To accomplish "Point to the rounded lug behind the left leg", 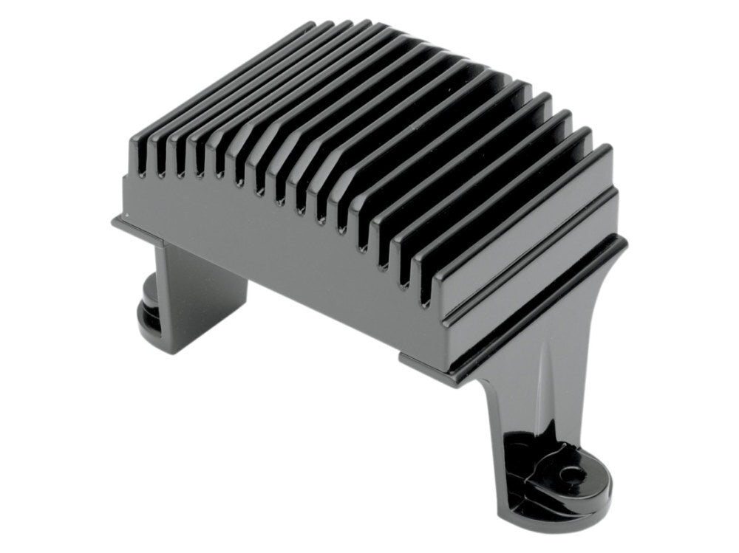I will coord(149,310).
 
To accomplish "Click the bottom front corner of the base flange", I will coord(405,362).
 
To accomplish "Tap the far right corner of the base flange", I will coord(624,240).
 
